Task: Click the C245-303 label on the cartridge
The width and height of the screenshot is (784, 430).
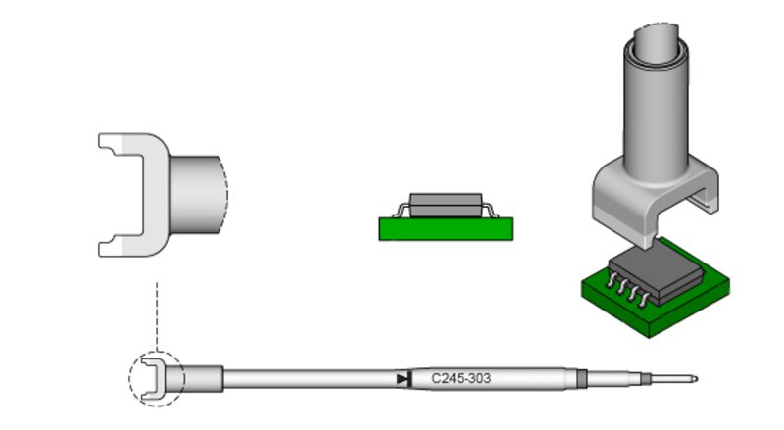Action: coord(461,378)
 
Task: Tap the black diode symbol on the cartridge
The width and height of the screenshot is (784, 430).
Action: coord(404,379)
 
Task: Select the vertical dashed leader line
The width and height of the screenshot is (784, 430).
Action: coord(157,316)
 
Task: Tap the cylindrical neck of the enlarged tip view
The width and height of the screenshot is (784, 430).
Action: coord(195,195)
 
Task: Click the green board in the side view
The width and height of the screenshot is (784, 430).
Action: coord(446,229)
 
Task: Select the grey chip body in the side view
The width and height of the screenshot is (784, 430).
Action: coord(446,206)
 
